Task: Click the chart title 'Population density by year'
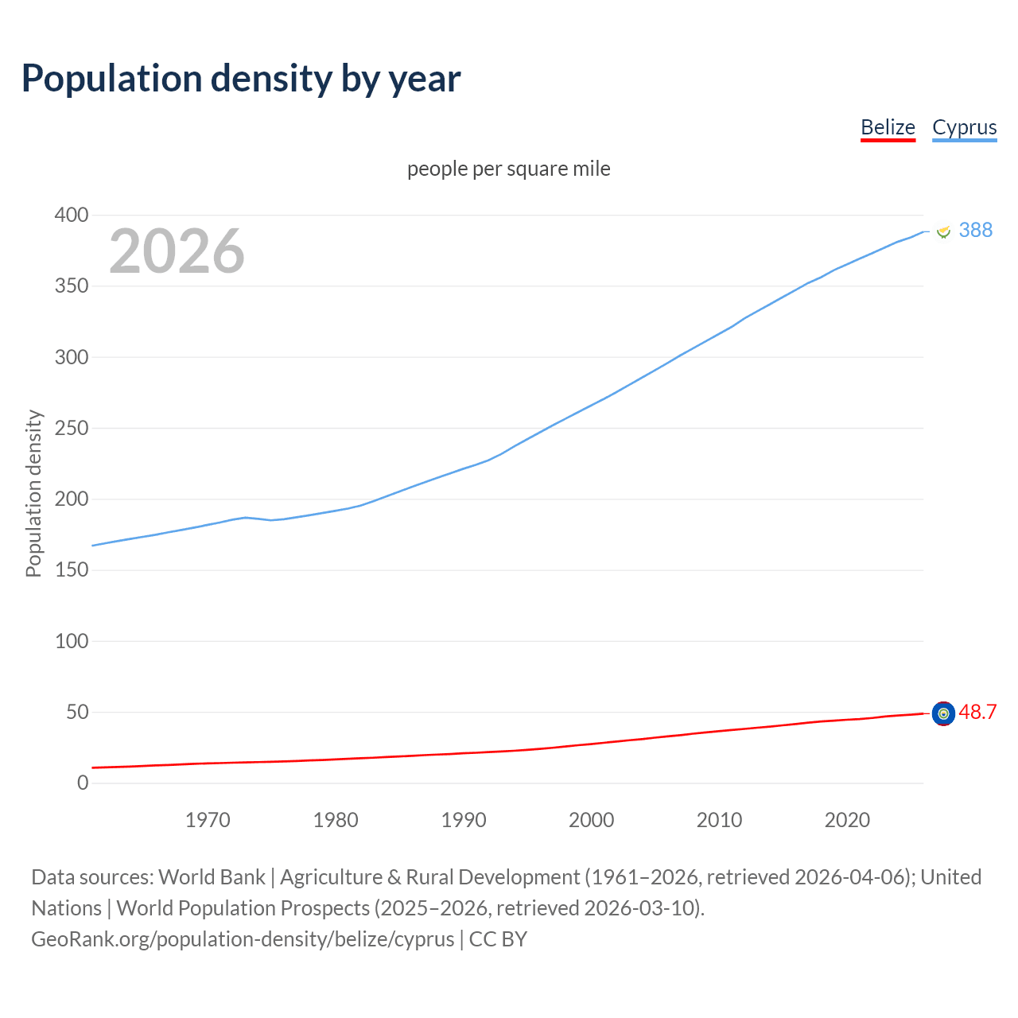[241, 79]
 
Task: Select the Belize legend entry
[888, 127]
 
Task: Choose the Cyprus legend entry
[964, 127]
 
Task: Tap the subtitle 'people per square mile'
[508, 169]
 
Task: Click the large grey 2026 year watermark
[177, 251]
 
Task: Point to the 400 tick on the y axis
[72, 216]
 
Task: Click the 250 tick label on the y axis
[72, 429]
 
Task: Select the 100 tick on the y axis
[72, 641]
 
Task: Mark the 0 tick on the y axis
[83, 783]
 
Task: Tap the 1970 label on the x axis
[208, 820]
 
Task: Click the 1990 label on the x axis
[464, 820]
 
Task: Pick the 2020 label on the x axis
[847, 820]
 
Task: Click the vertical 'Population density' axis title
[33, 493]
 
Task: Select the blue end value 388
[975, 230]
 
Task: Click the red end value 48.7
[977, 712]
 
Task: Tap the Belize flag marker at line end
[942, 714]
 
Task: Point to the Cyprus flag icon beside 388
[943, 231]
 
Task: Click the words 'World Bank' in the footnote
[212, 877]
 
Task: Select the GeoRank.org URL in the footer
[243, 939]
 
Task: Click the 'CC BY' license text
[498, 939]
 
